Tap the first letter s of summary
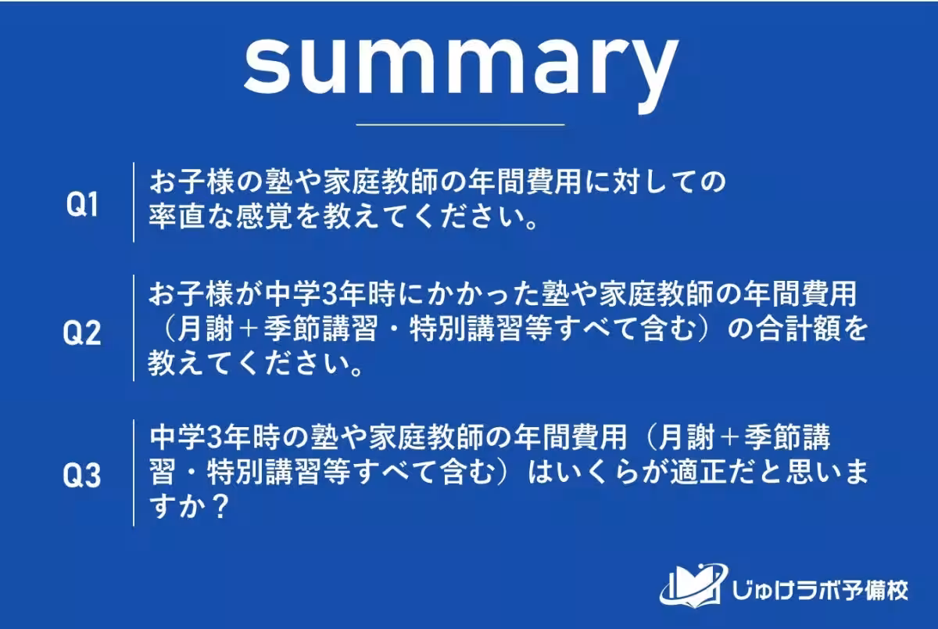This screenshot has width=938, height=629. pos(267,63)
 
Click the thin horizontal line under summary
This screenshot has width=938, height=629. pos(460,124)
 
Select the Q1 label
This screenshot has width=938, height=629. pos(81,206)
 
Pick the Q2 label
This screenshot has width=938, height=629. pos(81,334)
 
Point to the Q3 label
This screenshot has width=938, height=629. pos(81,476)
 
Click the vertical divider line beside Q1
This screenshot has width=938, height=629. pos(133,202)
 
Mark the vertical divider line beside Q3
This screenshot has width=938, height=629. pos(133,473)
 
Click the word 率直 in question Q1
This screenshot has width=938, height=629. pos(177,217)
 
